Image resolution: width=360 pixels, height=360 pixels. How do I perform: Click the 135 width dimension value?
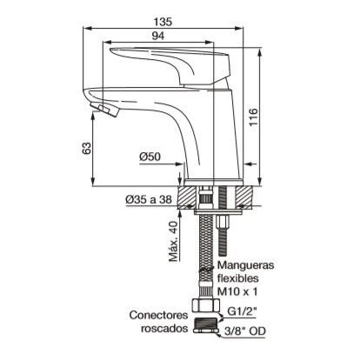pyautogui.click(x=163, y=22)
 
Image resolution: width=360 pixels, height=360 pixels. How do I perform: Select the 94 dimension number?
pyautogui.click(x=158, y=36)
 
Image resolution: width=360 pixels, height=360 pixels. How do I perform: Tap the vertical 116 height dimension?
pyautogui.click(x=253, y=117)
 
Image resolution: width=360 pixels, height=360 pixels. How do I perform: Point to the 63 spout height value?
pyautogui.click(x=87, y=148)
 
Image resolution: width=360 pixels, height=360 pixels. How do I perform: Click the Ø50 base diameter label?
pyautogui.click(x=150, y=157)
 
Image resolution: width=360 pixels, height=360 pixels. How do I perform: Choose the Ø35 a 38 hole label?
pyautogui.click(x=149, y=199)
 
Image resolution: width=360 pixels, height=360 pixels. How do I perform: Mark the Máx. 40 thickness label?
pyautogui.click(x=173, y=242)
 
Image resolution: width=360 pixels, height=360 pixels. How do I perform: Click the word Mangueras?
pyautogui.click(x=246, y=265)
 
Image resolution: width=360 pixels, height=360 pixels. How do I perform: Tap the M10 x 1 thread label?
pyautogui.click(x=237, y=291)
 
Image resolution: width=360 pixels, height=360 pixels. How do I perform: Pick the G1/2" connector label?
pyautogui.click(x=242, y=311)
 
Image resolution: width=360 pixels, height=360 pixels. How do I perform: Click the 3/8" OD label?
pyautogui.click(x=245, y=331)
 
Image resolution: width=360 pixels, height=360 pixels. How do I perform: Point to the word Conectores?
pyautogui.click(x=158, y=315)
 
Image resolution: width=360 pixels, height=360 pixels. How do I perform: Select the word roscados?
pyautogui.click(x=164, y=329)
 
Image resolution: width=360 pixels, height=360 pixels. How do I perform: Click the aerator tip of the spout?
pyautogui.click(x=104, y=110)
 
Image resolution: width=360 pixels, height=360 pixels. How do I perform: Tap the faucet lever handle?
pyautogui.click(x=171, y=64)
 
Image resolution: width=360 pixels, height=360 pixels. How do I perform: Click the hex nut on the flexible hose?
pyautogui.click(x=206, y=305)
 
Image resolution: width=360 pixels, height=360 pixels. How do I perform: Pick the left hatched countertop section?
pyautogui.click(x=187, y=197)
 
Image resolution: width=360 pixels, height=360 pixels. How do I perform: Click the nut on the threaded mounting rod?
pyautogui.click(x=223, y=223)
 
